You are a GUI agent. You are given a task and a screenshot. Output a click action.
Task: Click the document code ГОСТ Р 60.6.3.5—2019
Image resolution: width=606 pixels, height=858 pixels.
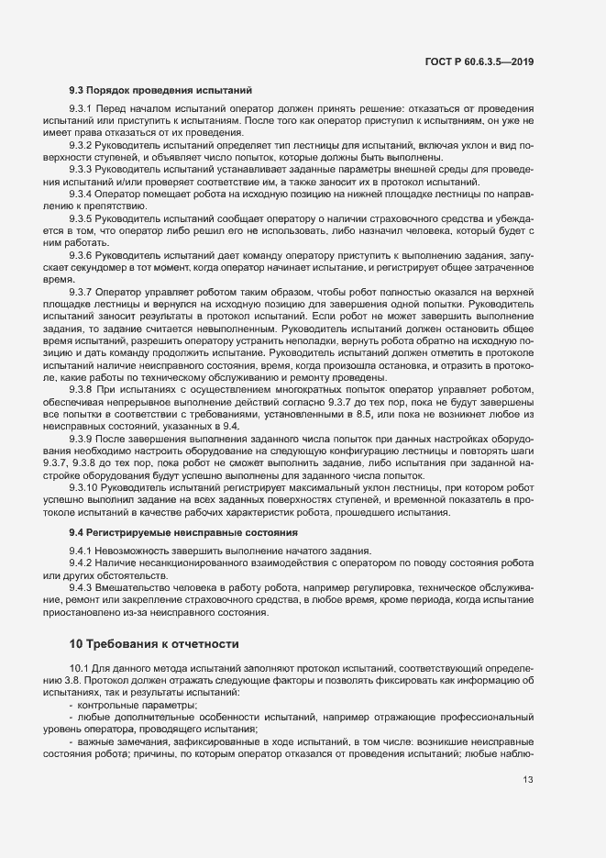click(x=479, y=61)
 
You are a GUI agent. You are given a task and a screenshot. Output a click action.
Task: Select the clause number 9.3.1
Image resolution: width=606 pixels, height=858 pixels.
click(x=83, y=110)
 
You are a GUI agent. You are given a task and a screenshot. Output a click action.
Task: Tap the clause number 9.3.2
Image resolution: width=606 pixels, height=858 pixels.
click(x=83, y=145)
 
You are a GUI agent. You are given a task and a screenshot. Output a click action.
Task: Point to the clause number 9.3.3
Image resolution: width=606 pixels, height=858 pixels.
click(x=83, y=169)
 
